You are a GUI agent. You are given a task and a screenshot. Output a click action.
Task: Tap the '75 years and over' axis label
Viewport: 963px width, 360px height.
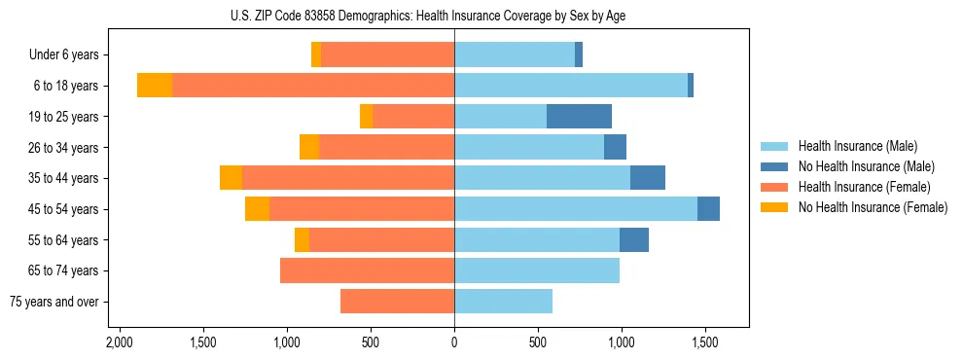pos(54,302)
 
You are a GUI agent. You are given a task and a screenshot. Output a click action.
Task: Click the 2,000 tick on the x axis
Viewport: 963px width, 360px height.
pos(120,343)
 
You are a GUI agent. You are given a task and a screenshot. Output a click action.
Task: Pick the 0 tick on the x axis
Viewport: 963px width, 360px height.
pos(454,343)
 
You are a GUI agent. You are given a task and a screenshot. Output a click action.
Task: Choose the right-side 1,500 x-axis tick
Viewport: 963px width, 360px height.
pos(705,343)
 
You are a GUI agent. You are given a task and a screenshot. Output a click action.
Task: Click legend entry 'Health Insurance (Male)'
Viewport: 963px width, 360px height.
pos(857,146)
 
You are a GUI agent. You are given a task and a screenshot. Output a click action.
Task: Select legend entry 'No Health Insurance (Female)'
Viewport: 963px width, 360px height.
pos(873,207)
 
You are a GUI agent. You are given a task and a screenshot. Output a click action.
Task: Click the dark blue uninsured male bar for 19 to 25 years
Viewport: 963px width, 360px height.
pos(579,117)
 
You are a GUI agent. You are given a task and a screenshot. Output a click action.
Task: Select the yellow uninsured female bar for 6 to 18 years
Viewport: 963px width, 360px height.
pos(155,86)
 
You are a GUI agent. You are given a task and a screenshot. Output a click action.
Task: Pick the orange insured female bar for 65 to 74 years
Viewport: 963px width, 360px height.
pos(367,270)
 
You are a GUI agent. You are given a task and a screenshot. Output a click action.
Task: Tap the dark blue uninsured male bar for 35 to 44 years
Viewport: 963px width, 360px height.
pos(648,178)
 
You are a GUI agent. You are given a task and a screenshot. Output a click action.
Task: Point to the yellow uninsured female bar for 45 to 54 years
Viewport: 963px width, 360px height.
pos(257,209)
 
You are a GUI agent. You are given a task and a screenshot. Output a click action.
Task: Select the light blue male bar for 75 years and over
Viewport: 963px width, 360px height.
pos(503,302)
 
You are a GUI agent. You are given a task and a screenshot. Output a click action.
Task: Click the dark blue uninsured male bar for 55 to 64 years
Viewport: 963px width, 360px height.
pos(634,239)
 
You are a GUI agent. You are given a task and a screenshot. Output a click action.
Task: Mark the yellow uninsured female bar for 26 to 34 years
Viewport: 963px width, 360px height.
pos(308,147)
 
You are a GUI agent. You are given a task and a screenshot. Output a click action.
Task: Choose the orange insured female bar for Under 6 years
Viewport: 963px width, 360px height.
pos(387,55)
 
